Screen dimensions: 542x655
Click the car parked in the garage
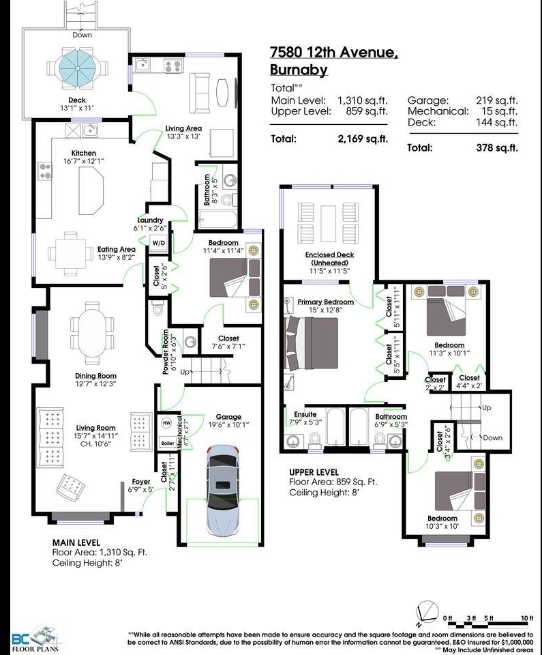click(x=222, y=492)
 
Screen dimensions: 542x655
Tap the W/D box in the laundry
click(x=158, y=243)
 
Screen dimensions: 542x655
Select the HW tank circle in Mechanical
click(x=166, y=423)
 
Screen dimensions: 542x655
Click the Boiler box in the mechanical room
click(x=168, y=443)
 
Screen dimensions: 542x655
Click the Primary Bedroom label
click(x=326, y=302)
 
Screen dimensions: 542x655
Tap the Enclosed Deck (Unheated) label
click(x=329, y=259)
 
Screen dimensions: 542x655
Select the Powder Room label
click(x=166, y=352)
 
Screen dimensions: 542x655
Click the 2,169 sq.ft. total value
click(x=363, y=139)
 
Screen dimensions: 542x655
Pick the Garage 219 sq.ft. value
click(x=496, y=100)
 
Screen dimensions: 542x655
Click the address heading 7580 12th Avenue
click(x=334, y=53)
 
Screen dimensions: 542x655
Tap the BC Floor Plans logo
click(x=35, y=640)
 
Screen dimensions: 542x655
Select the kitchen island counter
click(x=91, y=191)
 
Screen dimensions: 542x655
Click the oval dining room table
click(x=92, y=329)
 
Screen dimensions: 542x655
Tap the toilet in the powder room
click(x=157, y=307)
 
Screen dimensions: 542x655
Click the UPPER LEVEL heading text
click(x=314, y=472)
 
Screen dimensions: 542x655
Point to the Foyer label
click(x=141, y=481)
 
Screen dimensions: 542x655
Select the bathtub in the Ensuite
click(x=335, y=426)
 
